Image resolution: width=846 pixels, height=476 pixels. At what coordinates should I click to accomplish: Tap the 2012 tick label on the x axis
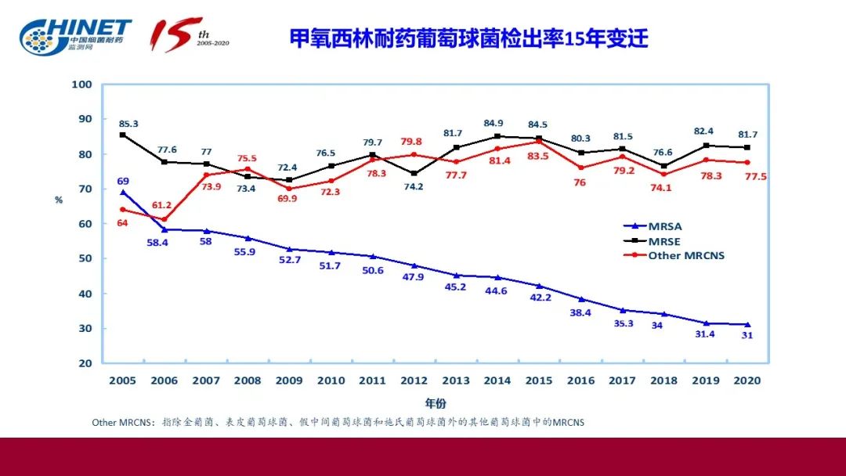(x=414, y=380)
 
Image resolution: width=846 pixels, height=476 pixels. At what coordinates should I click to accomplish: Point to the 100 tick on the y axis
(x=82, y=85)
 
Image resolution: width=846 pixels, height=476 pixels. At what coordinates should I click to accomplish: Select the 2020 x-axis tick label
(x=747, y=380)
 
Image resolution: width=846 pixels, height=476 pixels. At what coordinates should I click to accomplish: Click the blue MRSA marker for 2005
(x=123, y=193)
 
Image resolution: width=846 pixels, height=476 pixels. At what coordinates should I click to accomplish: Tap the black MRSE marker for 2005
(x=123, y=135)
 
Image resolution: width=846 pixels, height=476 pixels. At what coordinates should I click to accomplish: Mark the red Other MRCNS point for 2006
(x=164, y=219)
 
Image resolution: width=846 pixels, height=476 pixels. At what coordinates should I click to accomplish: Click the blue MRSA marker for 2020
(x=747, y=324)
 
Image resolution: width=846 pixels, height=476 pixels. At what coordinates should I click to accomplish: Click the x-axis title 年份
(x=436, y=404)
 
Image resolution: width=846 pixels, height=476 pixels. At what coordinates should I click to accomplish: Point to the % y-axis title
(x=58, y=200)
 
